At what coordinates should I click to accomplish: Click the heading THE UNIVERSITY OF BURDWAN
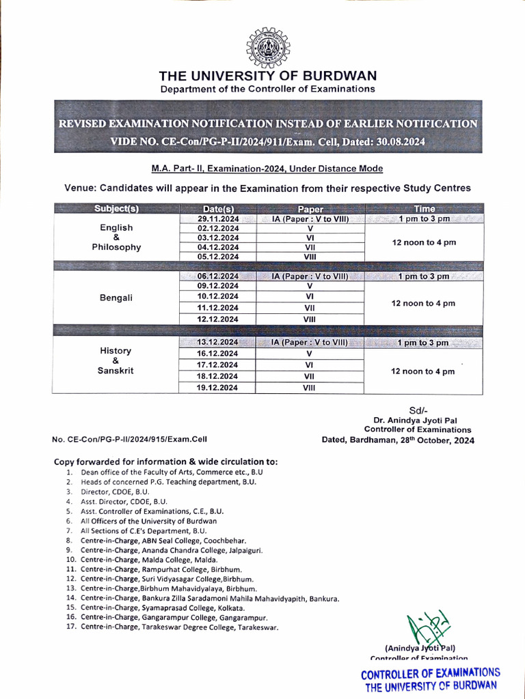pyautogui.click(x=267, y=76)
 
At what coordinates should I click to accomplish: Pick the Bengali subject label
pyautogui.click(x=116, y=298)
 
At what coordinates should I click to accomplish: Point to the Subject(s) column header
pyautogui.click(x=116, y=209)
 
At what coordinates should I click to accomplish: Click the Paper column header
pyautogui.click(x=310, y=209)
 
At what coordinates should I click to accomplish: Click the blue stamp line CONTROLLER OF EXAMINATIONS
pyautogui.click(x=431, y=673)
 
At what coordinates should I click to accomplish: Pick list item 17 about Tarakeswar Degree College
pyautogui.click(x=179, y=627)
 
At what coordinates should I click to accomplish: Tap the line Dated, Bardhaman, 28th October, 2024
pyautogui.click(x=397, y=440)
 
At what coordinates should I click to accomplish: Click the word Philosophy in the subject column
pyautogui.click(x=116, y=247)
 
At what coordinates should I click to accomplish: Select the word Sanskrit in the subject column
pyautogui.click(x=116, y=371)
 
